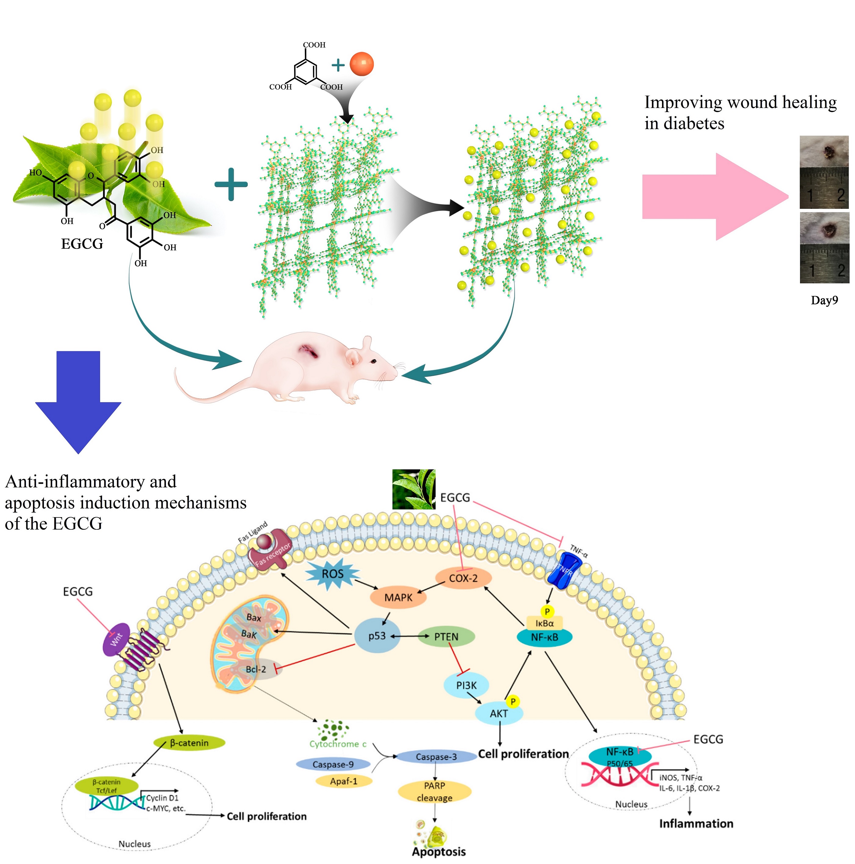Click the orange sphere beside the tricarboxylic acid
point(361,64)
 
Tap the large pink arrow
point(711,197)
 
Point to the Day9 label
point(824,300)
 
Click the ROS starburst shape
point(333,574)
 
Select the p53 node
point(377,636)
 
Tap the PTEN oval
point(446,636)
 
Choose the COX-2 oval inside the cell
point(463,578)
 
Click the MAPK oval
point(398,597)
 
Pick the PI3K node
point(466,685)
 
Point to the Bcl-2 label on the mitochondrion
point(256,670)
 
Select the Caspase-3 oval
point(436,757)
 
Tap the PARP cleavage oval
point(434,792)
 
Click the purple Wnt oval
point(116,640)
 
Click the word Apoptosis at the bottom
point(439,852)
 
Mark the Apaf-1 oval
point(344,781)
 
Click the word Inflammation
point(696,824)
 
